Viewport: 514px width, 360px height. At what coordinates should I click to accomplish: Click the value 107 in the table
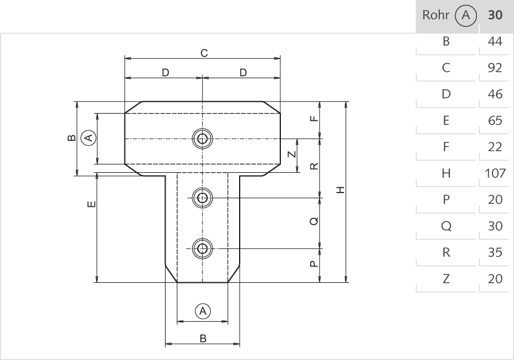pos(494,173)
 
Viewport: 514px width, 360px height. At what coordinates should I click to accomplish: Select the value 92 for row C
pos(494,68)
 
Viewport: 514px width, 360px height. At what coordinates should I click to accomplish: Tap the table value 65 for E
pos(494,121)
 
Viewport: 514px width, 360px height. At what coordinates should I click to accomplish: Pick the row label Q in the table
pos(445,226)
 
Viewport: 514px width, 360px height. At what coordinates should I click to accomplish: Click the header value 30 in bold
pos(495,16)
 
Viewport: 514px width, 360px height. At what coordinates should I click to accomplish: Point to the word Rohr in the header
pos(435,16)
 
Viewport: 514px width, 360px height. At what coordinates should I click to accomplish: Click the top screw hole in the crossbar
pos(203,139)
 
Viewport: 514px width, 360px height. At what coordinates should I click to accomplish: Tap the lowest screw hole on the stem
pos(203,248)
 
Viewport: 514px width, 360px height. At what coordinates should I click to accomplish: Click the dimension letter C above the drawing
pos(204,53)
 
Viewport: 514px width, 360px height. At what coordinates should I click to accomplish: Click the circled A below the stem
pos(203,311)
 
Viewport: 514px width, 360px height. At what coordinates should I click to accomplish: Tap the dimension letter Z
pos(290,154)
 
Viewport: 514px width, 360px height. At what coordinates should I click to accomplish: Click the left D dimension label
pos(166,72)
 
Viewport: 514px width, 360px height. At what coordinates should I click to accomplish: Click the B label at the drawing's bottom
pos(203,338)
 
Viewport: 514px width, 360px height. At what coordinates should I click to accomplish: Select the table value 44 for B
pos(494,42)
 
